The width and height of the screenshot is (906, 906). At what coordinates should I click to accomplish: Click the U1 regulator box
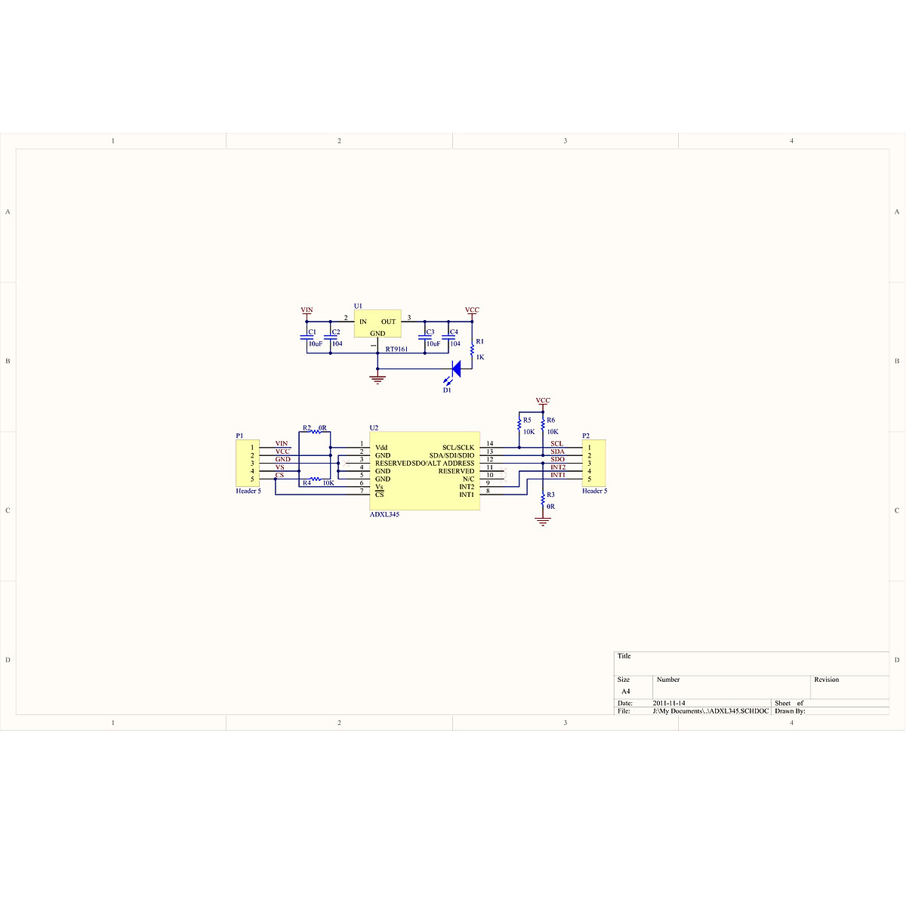(x=377, y=325)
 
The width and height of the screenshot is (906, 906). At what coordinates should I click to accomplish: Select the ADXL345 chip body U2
(x=424, y=471)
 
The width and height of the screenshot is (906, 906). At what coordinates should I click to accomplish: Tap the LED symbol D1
(x=455, y=368)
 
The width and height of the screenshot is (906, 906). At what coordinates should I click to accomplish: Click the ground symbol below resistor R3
(x=543, y=520)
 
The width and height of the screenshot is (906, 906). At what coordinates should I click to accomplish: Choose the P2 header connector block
(x=594, y=463)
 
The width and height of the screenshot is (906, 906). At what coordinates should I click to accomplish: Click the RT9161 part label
(x=396, y=350)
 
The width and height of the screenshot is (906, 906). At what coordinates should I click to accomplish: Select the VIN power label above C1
(x=307, y=310)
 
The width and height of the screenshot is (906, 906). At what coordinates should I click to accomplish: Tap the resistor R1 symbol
(x=472, y=350)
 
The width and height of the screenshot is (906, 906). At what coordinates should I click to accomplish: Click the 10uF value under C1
(x=315, y=344)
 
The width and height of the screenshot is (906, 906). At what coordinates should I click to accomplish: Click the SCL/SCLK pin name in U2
(x=458, y=448)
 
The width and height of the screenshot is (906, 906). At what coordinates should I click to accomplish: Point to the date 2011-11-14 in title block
(x=669, y=703)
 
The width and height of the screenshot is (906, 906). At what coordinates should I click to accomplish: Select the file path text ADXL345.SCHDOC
(x=710, y=711)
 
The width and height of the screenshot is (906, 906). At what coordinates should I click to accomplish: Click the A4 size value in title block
(x=625, y=692)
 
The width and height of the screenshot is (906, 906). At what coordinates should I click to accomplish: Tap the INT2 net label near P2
(x=558, y=467)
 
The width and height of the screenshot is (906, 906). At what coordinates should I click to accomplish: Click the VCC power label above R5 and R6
(x=543, y=401)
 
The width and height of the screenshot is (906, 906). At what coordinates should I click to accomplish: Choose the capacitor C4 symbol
(x=448, y=337)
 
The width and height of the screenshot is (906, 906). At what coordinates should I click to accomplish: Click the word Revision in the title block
(x=826, y=679)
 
